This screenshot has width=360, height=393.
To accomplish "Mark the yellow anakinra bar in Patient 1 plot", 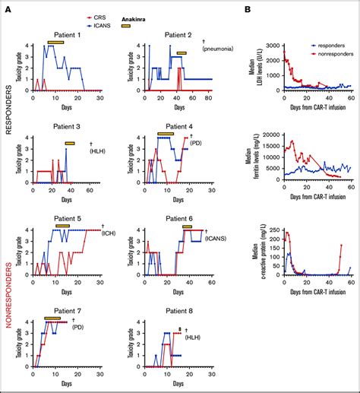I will click(60, 43).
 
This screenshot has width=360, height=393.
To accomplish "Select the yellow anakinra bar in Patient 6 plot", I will click(191, 227).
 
